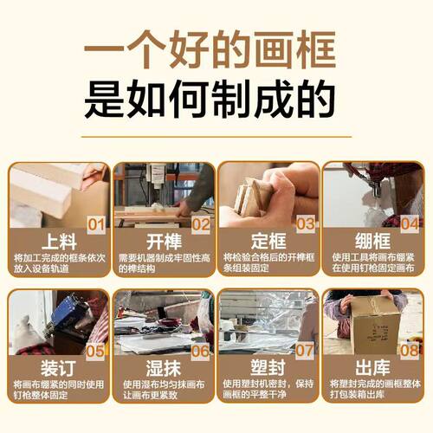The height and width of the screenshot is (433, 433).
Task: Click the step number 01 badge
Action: click(97, 225)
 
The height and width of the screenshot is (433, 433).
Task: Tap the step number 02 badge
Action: click(201, 225)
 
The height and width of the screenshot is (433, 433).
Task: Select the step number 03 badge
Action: click(305, 225)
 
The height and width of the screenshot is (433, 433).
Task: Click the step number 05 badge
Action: click(97, 351)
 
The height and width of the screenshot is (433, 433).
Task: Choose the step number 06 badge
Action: click(201, 351)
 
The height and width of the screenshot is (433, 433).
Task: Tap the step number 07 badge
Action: click(305, 351)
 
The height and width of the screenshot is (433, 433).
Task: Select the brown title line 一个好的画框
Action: click(216, 51)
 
